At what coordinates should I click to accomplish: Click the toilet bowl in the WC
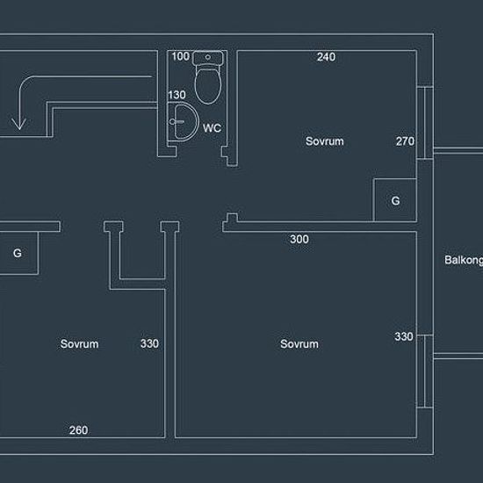pyautogui.click(x=208, y=86)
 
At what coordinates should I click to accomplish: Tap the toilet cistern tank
pyautogui.click(x=207, y=58)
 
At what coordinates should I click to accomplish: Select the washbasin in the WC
pyautogui.click(x=184, y=122)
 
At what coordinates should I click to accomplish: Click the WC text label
pyautogui.click(x=212, y=128)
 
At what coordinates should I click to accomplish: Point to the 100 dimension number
pyautogui.click(x=181, y=56)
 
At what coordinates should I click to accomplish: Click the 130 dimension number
pyautogui.click(x=177, y=95)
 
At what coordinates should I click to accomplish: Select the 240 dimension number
pyautogui.click(x=326, y=57)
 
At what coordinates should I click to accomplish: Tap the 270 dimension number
pyautogui.click(x=405, y=141)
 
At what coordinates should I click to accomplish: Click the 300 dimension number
pyautogui.click(x=299, y=239)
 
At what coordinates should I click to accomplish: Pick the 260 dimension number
pyautogui.click(x=78, y=430)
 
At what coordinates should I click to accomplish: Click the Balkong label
pyautogui.click(x=464, y=260)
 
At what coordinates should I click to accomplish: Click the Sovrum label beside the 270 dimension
pyautogui.click(x=325, y=141)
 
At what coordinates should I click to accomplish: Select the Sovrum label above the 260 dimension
pyautogui.click(x=79, y=343)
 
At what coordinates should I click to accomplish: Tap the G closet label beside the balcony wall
pyautogui.click(x=395, y=201)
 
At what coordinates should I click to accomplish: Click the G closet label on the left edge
pyautogui.click(x=18, y=253)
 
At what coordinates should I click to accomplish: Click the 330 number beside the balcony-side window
pyautogui.click(x=404, y=336)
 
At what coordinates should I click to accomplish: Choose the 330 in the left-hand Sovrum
pyautogui.click(x=149, y=343)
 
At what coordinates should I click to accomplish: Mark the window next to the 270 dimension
pyautogui.click(x=425, y=123)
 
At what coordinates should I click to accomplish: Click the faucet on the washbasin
pyautogui.click(x=177, y=122)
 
